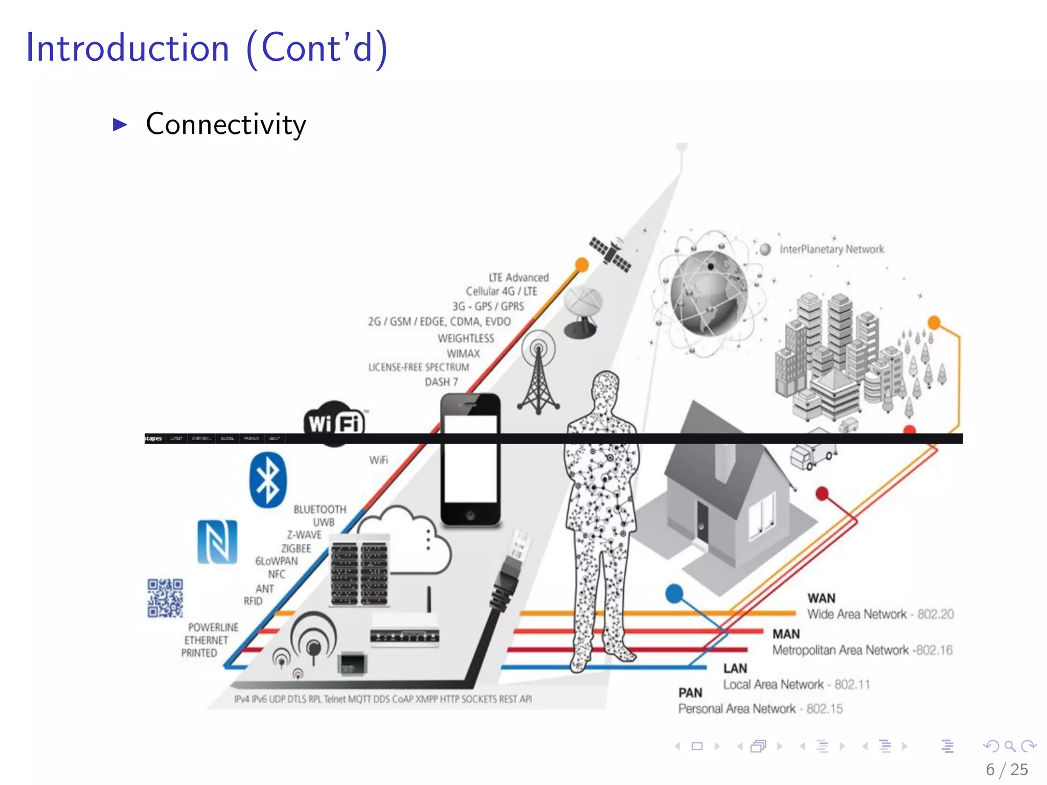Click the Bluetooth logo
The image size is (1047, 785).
[268, 480]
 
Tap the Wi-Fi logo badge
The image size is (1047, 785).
[335, 422]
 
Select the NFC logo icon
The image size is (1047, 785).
[217, 542]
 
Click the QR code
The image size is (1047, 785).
[165, 598]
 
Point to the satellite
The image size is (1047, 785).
[609, 253]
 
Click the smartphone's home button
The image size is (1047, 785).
[470, 515]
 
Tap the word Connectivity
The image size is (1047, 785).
[226, 124]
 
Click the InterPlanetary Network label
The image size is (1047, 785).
[831, 249]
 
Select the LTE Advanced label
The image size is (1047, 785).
[518, 278]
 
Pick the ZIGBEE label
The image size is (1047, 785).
[296, 548]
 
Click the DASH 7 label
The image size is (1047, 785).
[441, 382]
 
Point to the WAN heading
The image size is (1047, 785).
[821, 598]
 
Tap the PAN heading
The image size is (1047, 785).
[690, 692]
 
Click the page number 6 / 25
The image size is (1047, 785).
[1007, 769]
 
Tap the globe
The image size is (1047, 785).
[709, 293]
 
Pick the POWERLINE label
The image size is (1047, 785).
[213, 627]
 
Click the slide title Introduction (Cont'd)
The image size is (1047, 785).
[207, 48]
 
